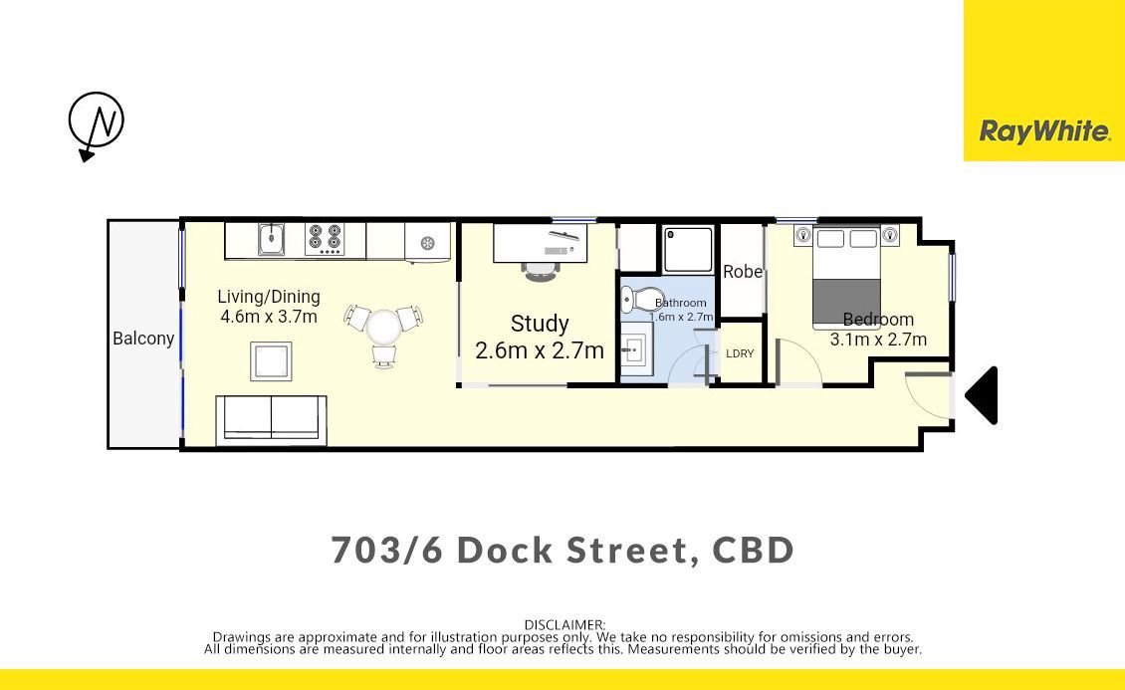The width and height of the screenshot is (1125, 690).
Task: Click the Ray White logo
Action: click(1044, 131)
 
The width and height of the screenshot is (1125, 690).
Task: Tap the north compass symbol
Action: click(96, 123)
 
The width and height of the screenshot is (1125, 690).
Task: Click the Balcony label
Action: click(143, 339)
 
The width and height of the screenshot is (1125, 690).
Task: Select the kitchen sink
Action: click(272, 239)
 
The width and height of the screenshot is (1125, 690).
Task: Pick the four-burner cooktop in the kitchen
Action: click(325, 239)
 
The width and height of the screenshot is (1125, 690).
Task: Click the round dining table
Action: click(384, 327)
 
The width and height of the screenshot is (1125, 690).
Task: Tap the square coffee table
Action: click(271, 361)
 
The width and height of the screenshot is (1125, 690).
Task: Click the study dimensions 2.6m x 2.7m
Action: click(540, 350)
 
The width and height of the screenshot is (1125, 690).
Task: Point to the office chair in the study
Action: click(541, 271)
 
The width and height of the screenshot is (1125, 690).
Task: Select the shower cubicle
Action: click(688, 250)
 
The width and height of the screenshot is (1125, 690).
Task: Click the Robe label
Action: click(743, 272)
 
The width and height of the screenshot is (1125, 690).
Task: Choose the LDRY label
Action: click(740, 353)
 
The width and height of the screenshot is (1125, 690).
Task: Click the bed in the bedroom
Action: click(846, 279)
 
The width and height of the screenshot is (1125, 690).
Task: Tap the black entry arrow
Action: click(982, 395)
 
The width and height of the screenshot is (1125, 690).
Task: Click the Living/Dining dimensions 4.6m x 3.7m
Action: click(269, 317)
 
